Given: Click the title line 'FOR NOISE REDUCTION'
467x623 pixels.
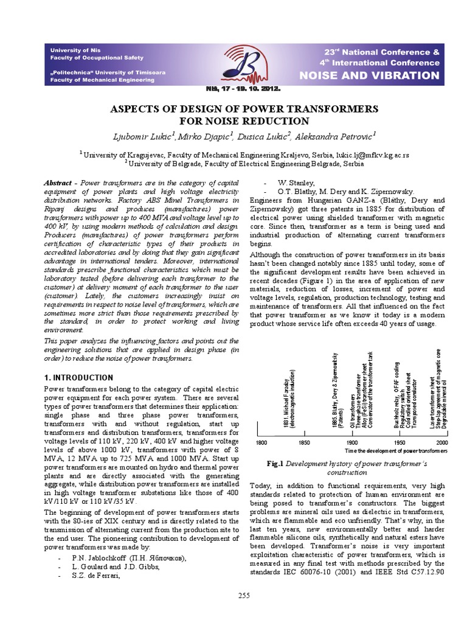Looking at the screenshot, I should tap(234, 120).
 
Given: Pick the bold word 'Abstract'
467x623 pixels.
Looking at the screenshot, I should tap(59, 183).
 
